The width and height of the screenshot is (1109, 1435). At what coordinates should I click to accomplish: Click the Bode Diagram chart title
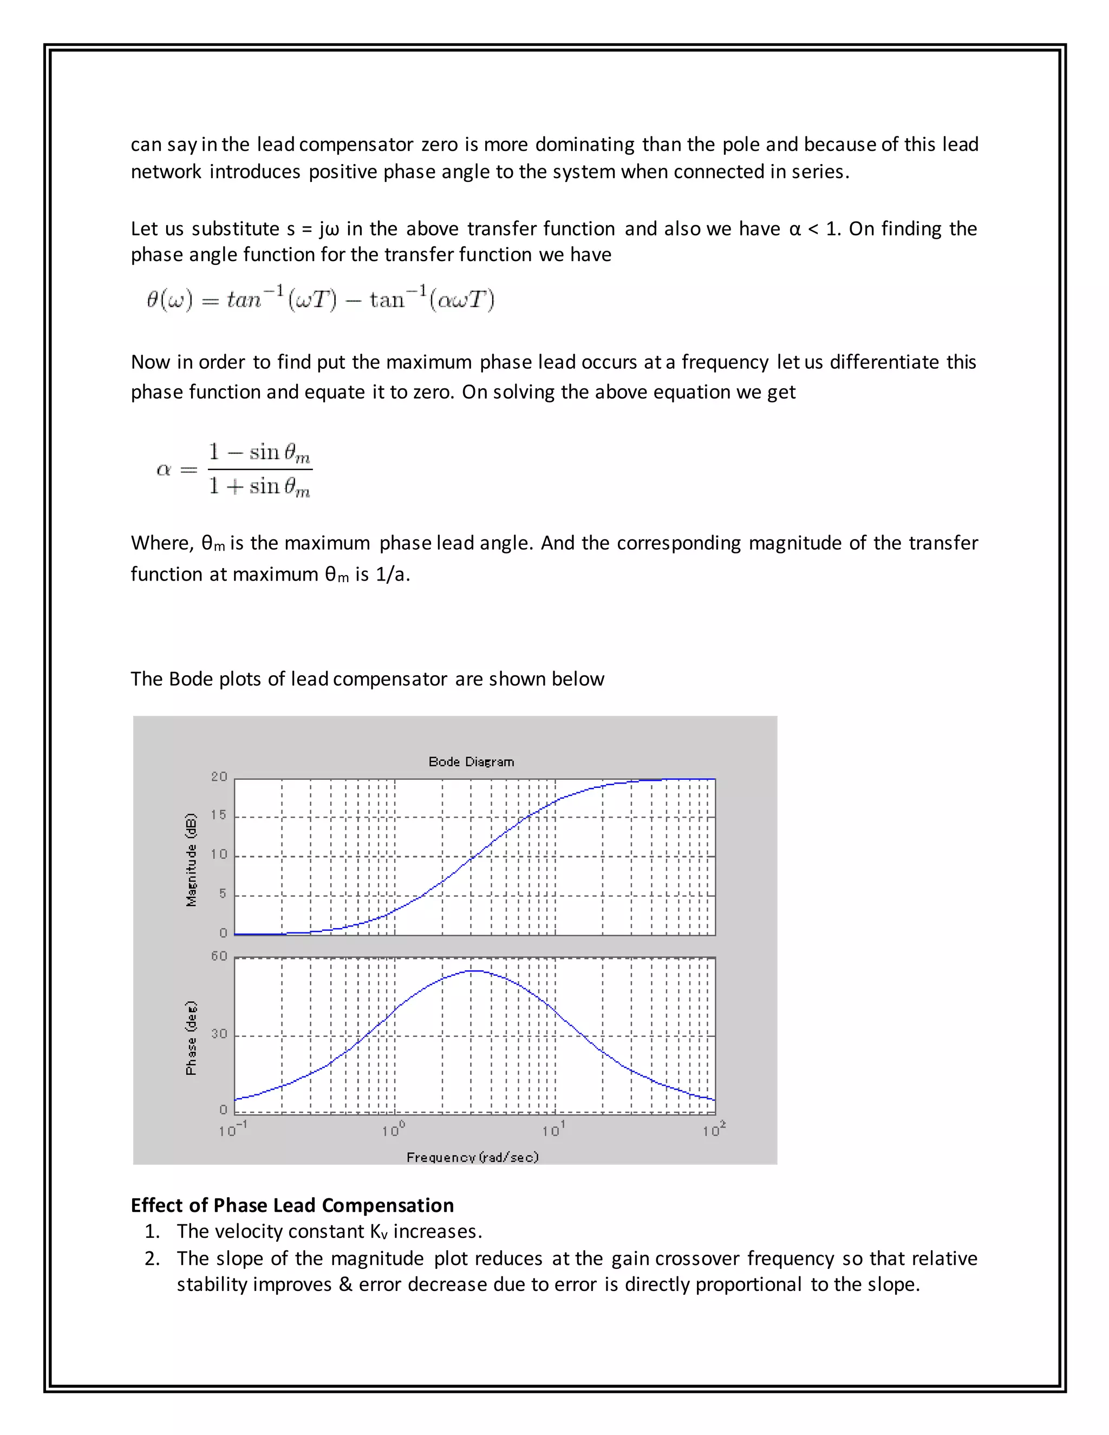(x=471, y=761)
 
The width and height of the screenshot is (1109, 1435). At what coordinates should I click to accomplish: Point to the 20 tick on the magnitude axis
(x=219, y=777)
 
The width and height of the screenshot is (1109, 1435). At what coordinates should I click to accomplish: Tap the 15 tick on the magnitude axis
(x=219, y=816)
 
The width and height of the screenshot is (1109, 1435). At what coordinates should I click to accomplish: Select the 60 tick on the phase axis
(x=219, y=956)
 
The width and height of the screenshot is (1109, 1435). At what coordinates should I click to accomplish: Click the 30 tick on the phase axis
(x=219, y=1034)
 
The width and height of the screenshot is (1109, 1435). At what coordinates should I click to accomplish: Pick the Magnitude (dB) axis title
(x=191, y=860)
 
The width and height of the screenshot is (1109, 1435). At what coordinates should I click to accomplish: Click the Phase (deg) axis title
(x=191, y=1038)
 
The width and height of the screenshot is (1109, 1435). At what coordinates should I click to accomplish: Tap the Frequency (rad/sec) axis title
(x=472, y=1157)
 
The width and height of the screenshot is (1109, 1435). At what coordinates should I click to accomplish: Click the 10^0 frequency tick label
(x=393, y=1130)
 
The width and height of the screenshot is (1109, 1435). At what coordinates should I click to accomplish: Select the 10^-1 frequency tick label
(x=232, y=1130)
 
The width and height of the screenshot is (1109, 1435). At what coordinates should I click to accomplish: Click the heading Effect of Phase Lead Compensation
(x=292, y=1205)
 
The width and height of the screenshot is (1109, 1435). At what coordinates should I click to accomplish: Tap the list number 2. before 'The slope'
(x=152, y=1258)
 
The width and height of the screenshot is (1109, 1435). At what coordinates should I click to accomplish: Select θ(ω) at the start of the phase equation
(x=169, y=301)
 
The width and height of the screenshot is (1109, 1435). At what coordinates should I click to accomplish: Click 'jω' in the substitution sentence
(x=329, y=229)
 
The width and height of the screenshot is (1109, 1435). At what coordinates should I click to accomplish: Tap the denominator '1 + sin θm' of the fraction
(x=259, y=487)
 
